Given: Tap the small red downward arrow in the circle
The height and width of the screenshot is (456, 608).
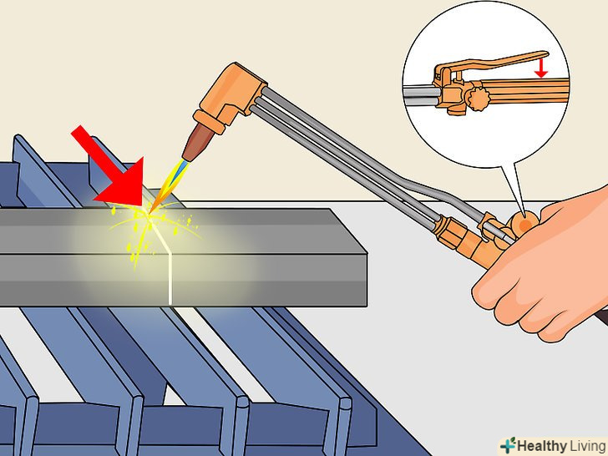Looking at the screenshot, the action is point(540,67).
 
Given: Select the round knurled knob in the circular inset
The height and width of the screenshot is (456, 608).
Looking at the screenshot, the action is point(478,99).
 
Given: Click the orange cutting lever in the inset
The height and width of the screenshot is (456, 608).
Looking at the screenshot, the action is point(493,63).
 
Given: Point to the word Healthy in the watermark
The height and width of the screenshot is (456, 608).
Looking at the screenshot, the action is point(542,446).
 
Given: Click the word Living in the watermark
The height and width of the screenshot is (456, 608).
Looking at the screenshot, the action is point(587,446).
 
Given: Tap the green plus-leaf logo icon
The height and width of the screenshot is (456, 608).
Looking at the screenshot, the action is point(509,445).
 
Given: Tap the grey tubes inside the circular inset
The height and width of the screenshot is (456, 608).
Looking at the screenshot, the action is point(422,96).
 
